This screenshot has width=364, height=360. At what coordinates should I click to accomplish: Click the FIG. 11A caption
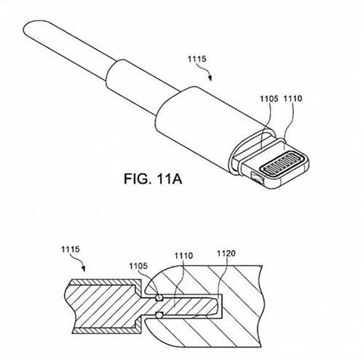pyautogui.click(x=153, y=179)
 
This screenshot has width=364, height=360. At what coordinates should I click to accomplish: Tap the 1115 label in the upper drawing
pyautogui.click(x=197, y=59)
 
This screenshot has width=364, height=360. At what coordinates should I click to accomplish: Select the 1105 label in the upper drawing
pyautogui.click(x=269, y=99)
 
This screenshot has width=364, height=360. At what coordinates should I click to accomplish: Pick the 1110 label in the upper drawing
pyautogui.click(x=293, y=98)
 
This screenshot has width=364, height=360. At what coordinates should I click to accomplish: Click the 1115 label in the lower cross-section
pyautogui.click(x=71, y=249)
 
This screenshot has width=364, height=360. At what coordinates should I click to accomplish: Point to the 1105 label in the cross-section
pyautogui.click(x=138, y=266)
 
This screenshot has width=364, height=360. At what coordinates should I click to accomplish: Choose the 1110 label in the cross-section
pyautogui.click(x=183, y=256)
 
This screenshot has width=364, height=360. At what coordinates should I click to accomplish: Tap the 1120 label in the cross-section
pyautogui.click(x=226, y=254)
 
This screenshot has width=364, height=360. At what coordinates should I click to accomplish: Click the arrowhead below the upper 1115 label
pyautogui.click(x=210, y=78)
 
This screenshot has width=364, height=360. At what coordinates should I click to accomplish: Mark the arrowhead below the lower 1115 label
pyautogui.click(x=84, y=269)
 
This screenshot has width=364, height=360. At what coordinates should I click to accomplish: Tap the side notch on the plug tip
pyautogui.click(x=257, y=179)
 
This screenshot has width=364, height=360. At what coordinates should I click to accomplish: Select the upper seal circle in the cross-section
pyautogui.click(x=159, y=297)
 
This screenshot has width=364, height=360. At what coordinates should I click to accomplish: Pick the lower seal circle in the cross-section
pyautogui.click(x=159, y=316)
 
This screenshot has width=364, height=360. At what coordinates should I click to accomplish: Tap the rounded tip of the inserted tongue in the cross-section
pyautogui.click(x=215, y=306)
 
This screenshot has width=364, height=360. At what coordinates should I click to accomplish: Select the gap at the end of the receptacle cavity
pyautogui.click(x=221, y=306)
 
